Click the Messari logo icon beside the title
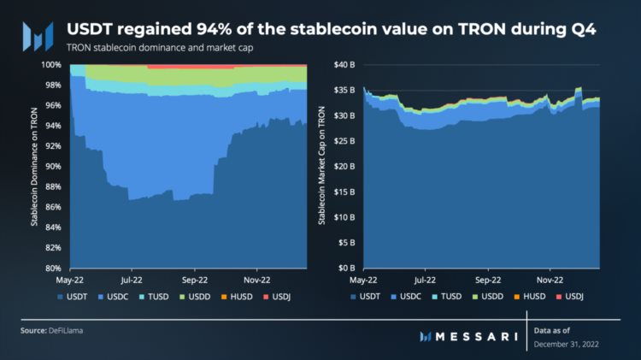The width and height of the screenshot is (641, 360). [37, 36]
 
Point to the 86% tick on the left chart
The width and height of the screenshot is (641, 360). [51, 207]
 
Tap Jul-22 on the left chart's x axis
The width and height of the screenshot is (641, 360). [132, 279]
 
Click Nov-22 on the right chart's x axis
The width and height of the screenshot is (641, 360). [550, 279]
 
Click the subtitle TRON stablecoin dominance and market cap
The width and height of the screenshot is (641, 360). [160, 47]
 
